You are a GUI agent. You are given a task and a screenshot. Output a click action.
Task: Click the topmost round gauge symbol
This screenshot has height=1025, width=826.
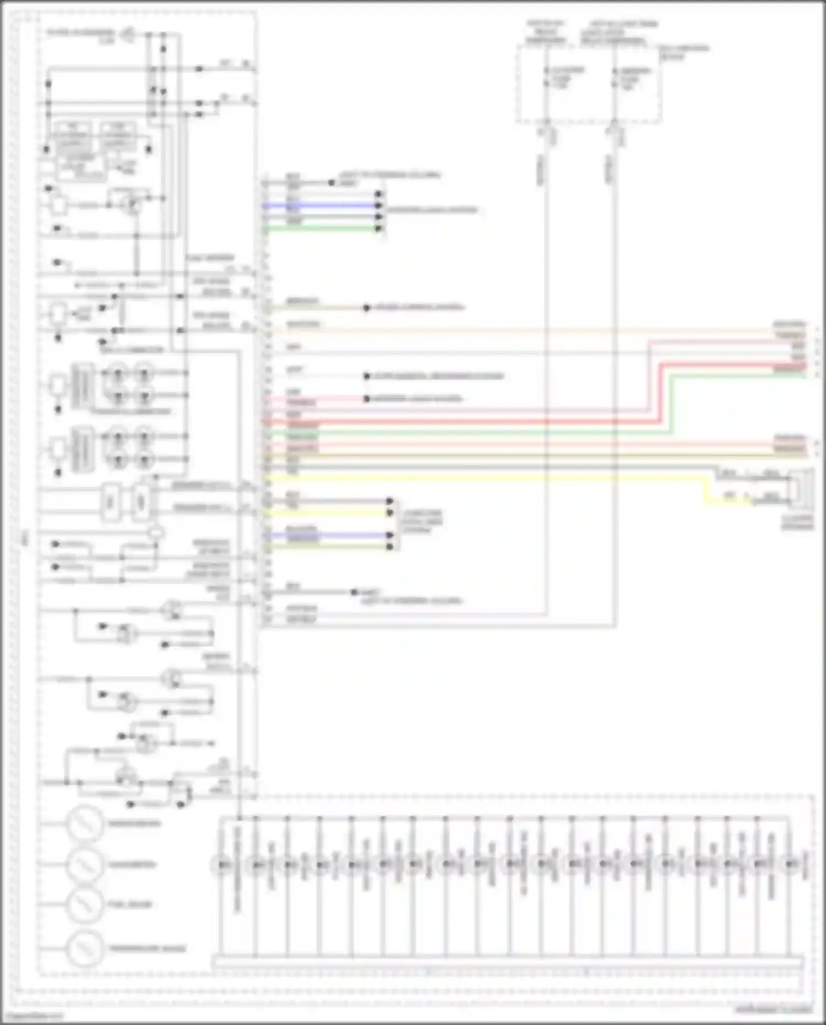click(x=84, y=824)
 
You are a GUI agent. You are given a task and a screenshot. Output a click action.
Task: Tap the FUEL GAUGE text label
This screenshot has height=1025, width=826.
click(x=129, y=904)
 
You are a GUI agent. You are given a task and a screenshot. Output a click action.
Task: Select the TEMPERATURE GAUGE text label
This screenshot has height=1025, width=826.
click(x=147, y=948)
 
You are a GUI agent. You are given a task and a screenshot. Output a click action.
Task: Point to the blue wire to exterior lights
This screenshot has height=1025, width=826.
click(x=322, y=205)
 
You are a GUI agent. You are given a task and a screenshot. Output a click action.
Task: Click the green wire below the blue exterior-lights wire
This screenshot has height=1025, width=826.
click(x=322, y=228)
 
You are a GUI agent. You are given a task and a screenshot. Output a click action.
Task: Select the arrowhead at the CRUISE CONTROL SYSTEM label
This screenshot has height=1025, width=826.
click(x=367, y=308)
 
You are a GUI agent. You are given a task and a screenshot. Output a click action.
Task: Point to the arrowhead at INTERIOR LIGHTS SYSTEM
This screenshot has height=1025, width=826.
click(x=367, y=399)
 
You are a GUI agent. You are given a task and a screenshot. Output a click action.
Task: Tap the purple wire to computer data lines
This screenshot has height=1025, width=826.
click(x=330, y=535)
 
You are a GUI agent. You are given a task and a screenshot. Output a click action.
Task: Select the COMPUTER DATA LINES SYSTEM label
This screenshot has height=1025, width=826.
click(x=422, y=521)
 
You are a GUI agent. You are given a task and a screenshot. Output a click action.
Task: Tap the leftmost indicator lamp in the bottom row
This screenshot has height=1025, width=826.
click(x=224, y=865)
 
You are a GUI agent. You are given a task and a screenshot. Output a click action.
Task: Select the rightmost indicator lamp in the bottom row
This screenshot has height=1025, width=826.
click(x=791, y=865)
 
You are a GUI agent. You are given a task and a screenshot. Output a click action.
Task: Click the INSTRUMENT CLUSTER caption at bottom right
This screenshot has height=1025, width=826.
click(x=773, y=1010)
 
